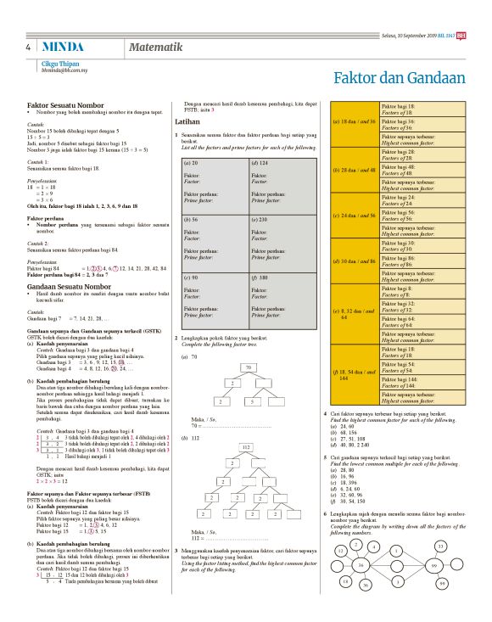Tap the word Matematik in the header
point(157,48)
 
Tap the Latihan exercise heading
point(187,122)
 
